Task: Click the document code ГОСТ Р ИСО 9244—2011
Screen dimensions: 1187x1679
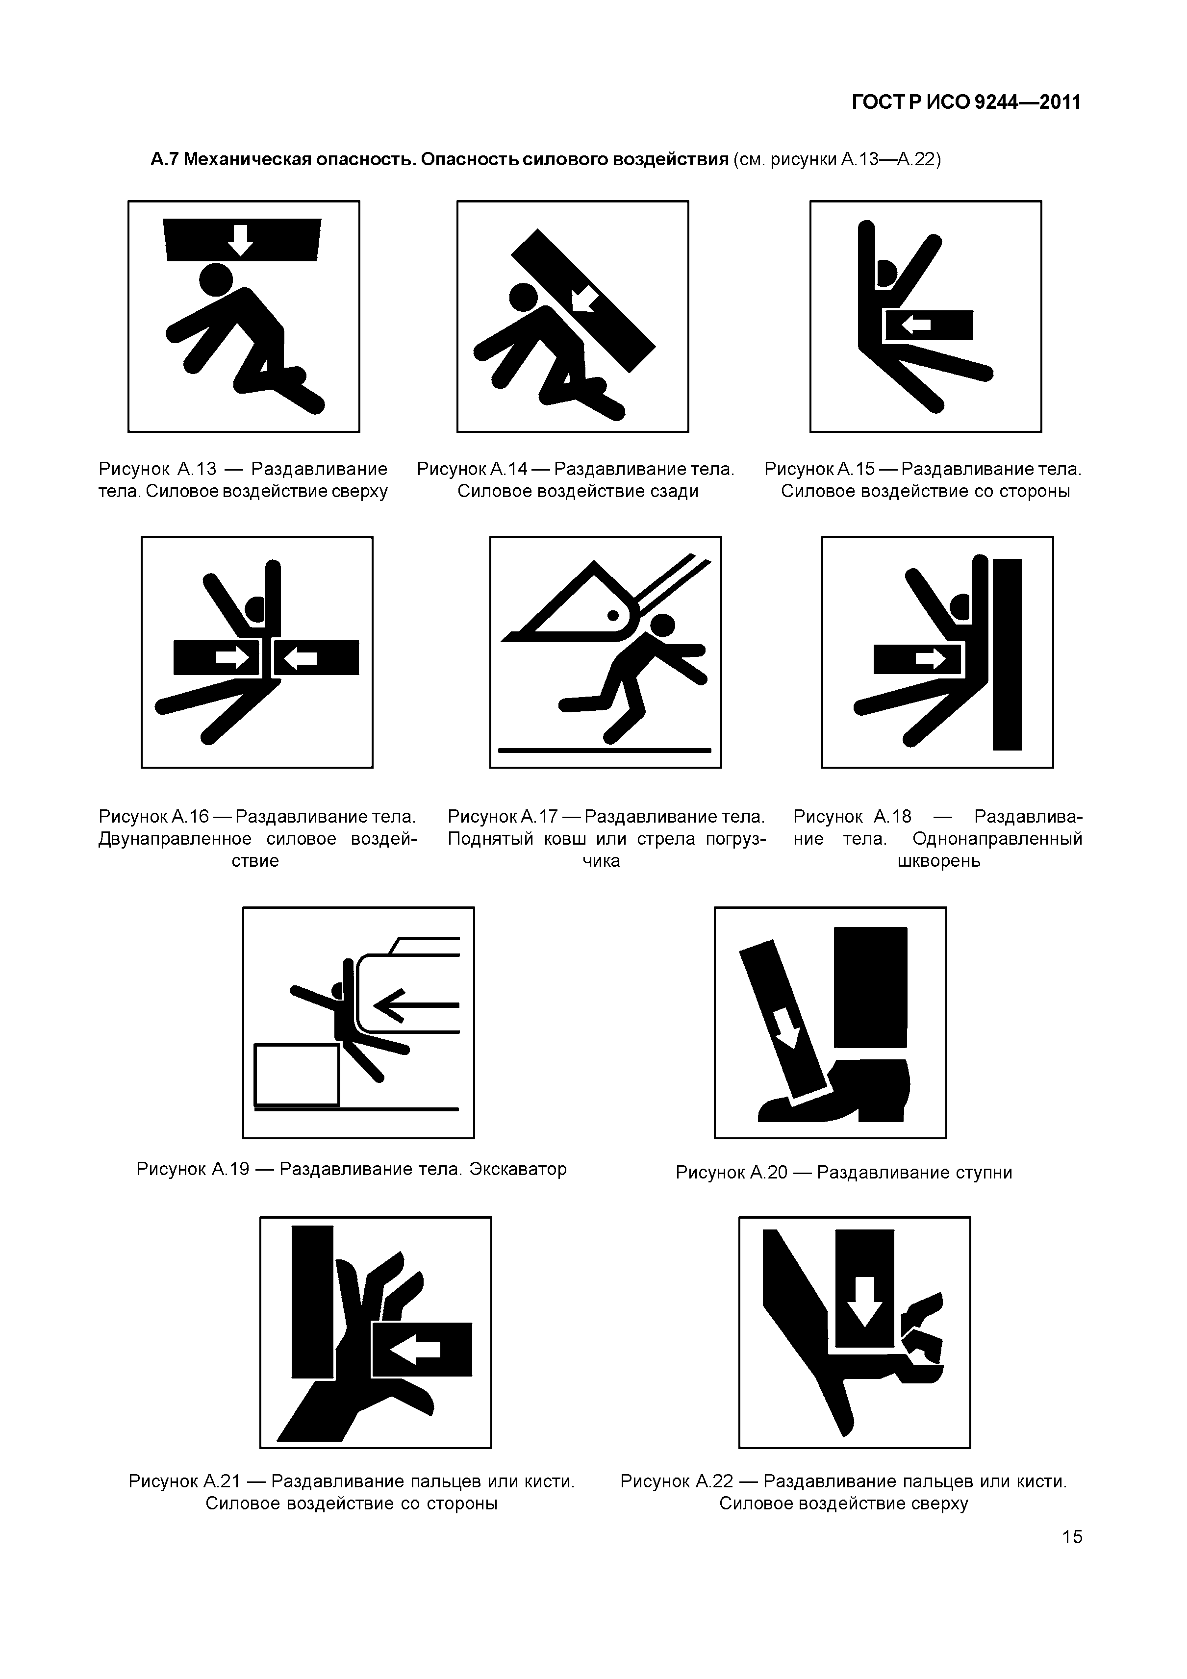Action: point(966,102)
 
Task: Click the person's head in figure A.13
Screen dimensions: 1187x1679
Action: point(216,280)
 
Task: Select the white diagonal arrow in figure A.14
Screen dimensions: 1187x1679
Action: point(584,298)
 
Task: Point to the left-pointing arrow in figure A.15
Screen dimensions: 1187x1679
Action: point(916,325)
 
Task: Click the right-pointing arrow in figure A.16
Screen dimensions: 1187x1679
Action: point(232,658)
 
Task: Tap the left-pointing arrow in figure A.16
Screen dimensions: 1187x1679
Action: point(300,659)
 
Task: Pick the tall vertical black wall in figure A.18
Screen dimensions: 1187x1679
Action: point(1007,654)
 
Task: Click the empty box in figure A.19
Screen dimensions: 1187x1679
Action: point(297,1074)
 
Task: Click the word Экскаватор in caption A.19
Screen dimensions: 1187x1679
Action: point(518,1169)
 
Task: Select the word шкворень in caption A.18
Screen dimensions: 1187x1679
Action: point(938,861)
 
